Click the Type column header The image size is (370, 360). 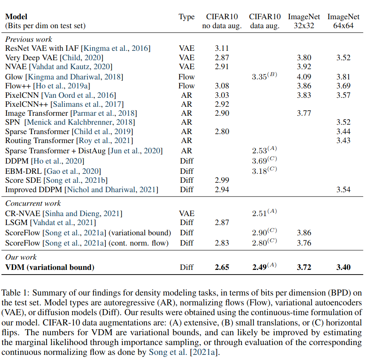(x=186, y=17)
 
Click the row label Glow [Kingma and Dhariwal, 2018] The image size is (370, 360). (x=64, y=77)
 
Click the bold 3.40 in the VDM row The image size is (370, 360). (x=343, y=267)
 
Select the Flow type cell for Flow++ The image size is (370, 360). (x=186, y=86)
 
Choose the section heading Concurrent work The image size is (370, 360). (x=33, y=203)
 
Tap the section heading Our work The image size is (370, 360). (x=21, y=257)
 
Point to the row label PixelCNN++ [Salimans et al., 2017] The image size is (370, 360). (x=64, y=104)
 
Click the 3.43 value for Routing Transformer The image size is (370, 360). (x=343, y=140)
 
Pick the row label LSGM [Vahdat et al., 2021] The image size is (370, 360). (x=50, y=222)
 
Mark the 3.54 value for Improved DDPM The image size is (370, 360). (x=343, y=189)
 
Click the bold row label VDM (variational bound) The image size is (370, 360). (x=50, y=268)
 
